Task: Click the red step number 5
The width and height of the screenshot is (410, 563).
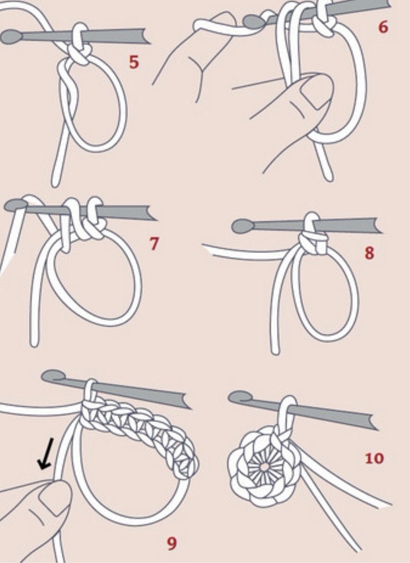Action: [134, 62]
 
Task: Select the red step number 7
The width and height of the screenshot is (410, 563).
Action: [154, 244]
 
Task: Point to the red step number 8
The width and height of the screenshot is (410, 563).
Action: [369, 253]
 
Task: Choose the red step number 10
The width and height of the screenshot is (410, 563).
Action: [374, 458]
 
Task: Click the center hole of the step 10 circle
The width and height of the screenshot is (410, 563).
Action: [264, 467]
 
